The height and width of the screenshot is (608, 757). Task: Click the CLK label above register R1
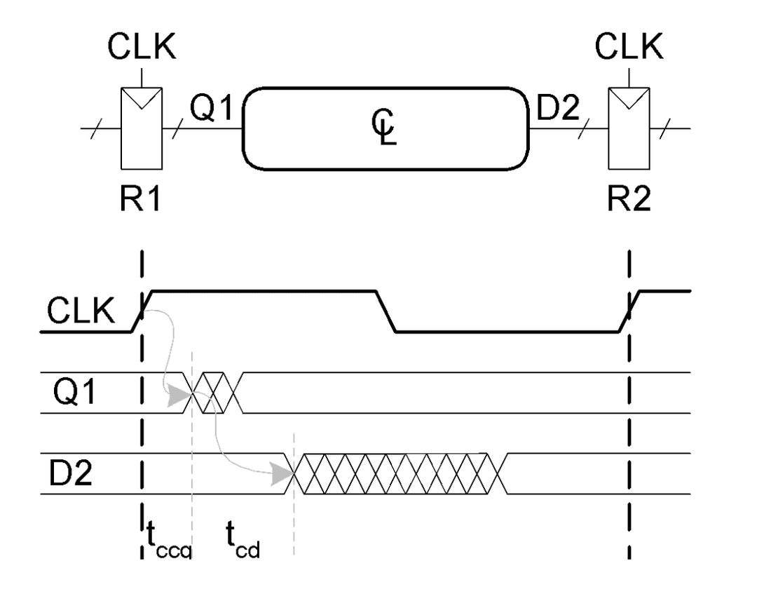pos(142,48)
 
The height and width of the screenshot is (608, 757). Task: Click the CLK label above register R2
pos(628,48)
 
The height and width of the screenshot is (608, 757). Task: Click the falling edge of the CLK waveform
pos(386,311)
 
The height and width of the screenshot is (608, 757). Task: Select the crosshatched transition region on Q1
pos(217,393)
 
